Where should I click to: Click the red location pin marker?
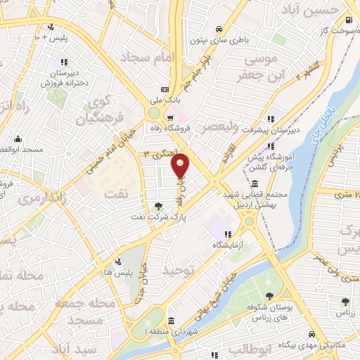pos(181,165)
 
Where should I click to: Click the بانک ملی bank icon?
pos(165,89)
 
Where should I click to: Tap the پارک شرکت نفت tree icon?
pos(158,207)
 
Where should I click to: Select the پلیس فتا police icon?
pos(127,261)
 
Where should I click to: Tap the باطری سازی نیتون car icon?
pos(219,30)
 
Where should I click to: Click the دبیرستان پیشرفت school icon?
pos(271,117)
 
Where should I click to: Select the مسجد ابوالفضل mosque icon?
pos(18,139)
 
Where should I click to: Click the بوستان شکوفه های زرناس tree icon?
pos(271,295)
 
